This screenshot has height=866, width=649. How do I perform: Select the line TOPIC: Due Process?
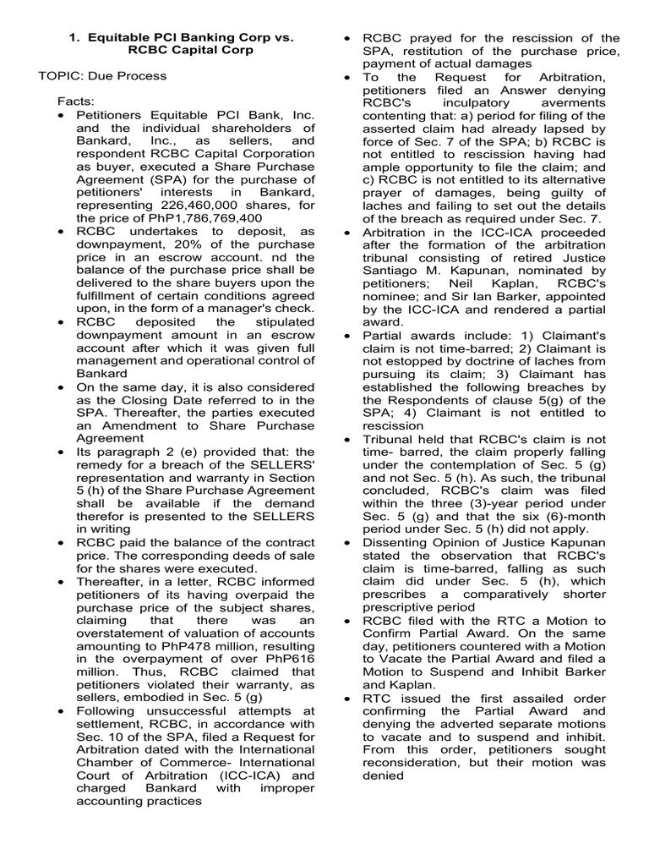click(x=102, y=76)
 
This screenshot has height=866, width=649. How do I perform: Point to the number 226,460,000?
click(x=190, y=204)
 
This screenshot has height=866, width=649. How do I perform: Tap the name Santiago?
click(x=398, y=269)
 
